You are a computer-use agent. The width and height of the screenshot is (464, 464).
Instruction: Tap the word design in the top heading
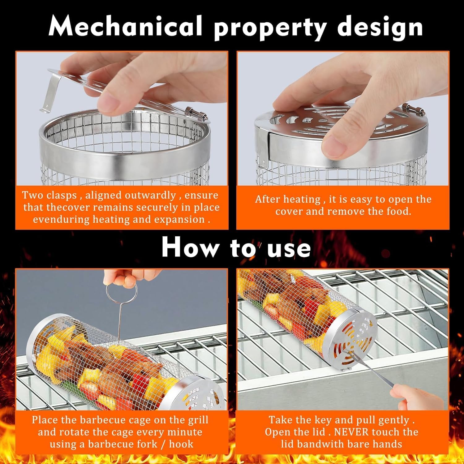[380, 27]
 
